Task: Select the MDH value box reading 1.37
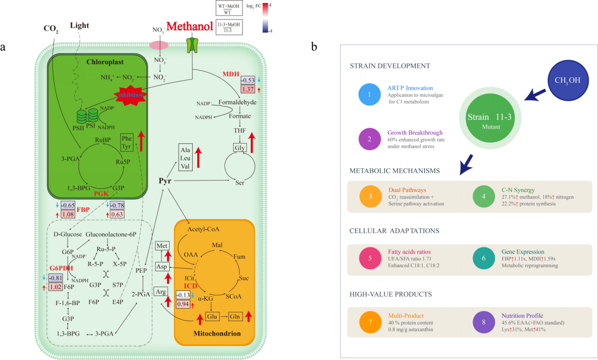248,89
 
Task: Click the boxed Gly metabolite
240,148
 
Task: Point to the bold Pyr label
165,181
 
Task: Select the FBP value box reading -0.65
68,205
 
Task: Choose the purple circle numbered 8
484,322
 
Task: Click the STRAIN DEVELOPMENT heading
390,66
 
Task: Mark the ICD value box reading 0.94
183,304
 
